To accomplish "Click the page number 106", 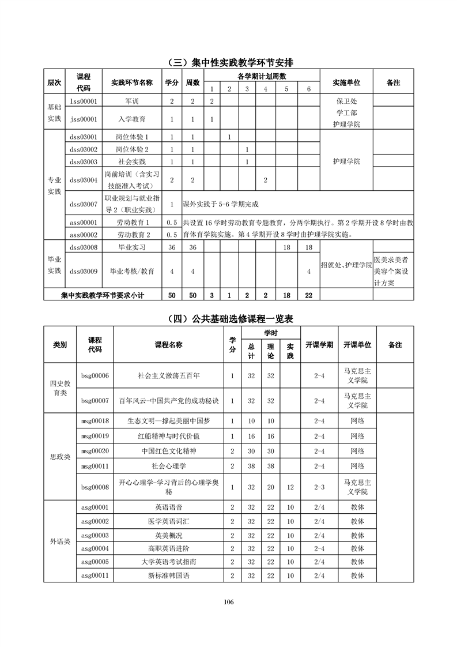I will coord(229,602).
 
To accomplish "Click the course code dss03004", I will coord(84,180).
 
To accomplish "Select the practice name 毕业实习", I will coord(132,247).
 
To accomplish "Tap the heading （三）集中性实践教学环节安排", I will coord(229,62).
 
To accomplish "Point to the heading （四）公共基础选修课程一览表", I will coord(229,319).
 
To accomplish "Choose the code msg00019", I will coord(95,436).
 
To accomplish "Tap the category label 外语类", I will coord(60,541).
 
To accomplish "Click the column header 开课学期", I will coord(319,345).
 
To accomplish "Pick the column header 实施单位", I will coord(347,83).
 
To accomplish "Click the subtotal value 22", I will coord(308,295).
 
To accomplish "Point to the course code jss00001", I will coord(84,119).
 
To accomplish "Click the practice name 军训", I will coord(132,101).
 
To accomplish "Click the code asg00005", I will coord(95,562).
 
